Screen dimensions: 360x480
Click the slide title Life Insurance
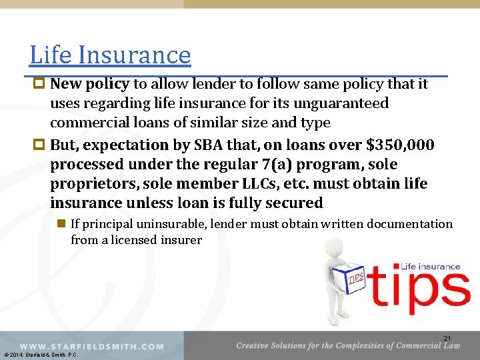pos(110,55)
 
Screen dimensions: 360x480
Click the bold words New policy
pos(90,85)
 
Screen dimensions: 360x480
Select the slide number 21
pos(447,339)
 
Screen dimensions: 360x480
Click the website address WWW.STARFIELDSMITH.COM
pos(91,346)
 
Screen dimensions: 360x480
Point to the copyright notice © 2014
pos(40,355)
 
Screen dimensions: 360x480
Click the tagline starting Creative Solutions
pos(347,345)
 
